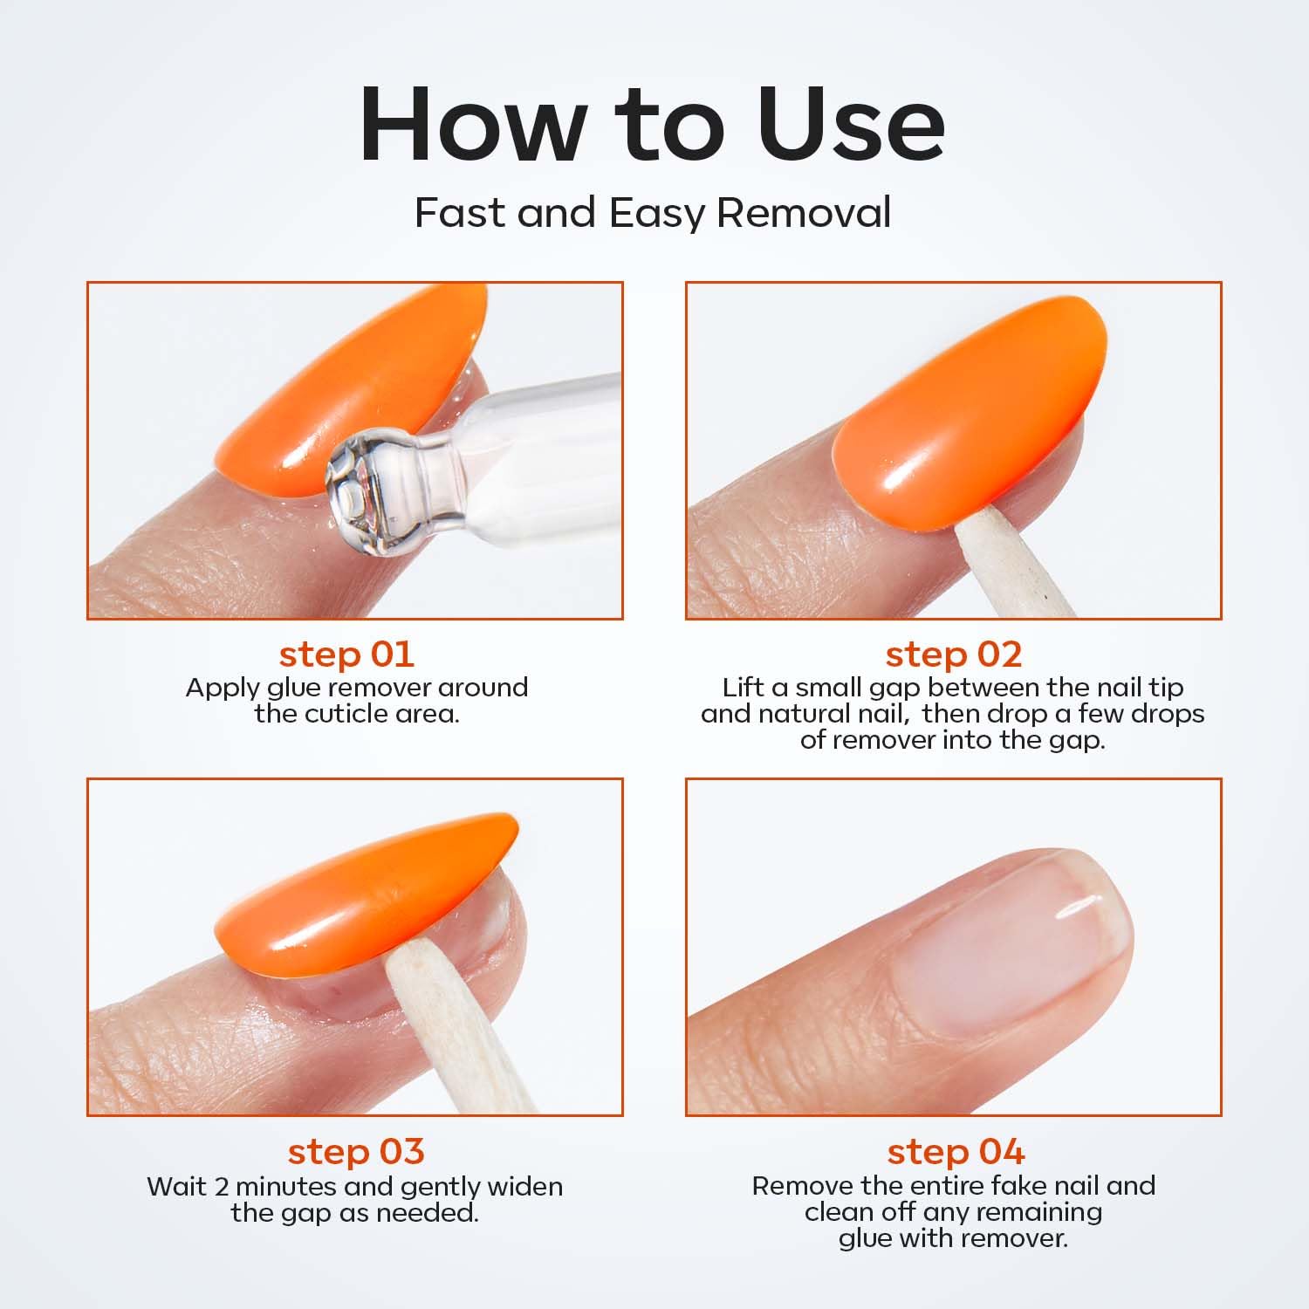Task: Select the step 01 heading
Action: click(x=346, y=654)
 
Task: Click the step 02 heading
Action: click(x=953, y=654)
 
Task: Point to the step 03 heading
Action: click(x=356, y=1151)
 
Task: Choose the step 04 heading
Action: click(x=956, y=1151)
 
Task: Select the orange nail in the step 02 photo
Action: click(x=969, y=410)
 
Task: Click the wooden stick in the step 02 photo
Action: click(x=1004, y=567)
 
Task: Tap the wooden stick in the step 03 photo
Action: click(x=454, y=1030)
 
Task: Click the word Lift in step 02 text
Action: click(x=742, y=688)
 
